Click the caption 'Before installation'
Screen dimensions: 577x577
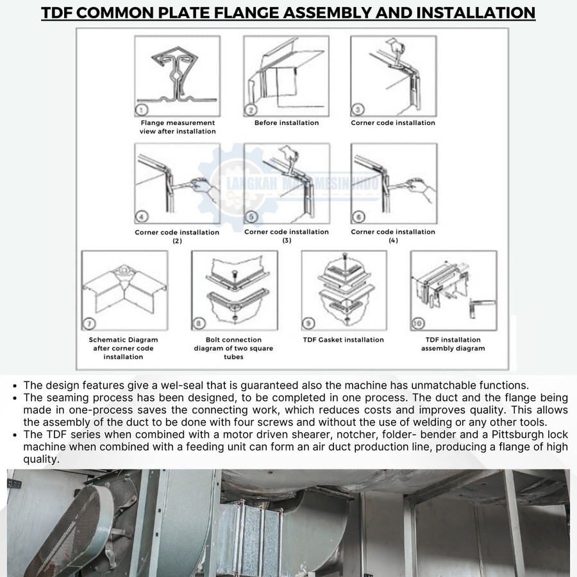287,123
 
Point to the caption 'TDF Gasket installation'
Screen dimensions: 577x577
344,340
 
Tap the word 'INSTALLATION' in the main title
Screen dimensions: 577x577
469,12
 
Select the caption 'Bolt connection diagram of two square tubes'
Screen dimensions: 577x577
233,348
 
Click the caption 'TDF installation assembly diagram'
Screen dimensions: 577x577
453,344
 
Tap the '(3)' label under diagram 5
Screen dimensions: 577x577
287,240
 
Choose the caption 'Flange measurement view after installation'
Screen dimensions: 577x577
178,127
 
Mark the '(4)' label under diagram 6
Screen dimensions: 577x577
393,240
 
